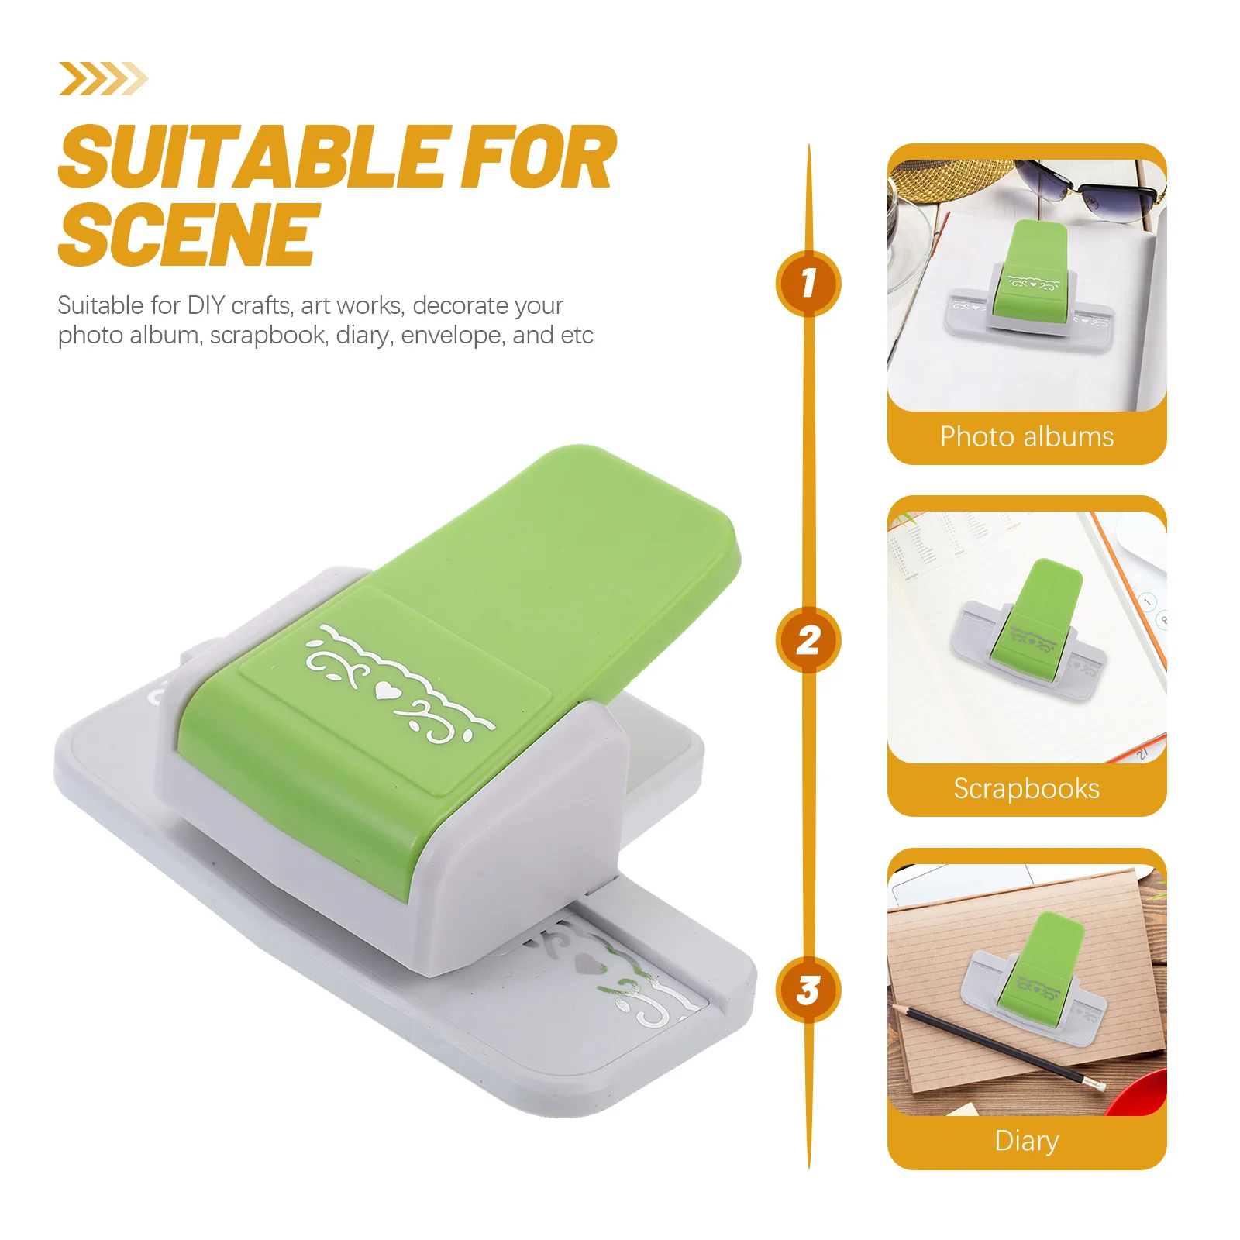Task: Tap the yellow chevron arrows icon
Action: [x=103, y=78]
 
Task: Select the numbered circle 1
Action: [x=808, y=283]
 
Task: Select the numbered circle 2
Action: [x=808, y=639]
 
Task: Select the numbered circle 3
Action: [x=808, y=990]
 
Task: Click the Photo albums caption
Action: [x=1026, y=437]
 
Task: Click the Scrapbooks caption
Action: [x=1026, y=788]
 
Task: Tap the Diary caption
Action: [x=1026, y=1141]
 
